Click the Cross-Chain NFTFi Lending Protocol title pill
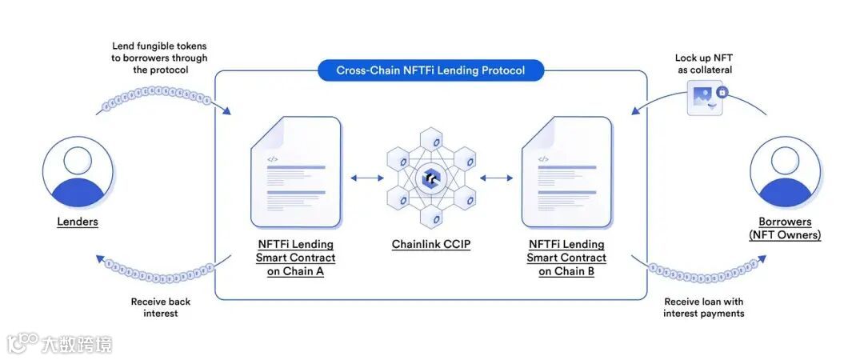coord(430,70)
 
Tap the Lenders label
coord(78,222)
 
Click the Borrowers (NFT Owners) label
coord(785,228)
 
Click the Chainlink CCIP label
coord(431,244)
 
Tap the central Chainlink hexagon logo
coord(431,178)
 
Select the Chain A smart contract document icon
coord(295,172)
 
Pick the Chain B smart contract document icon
coord(566,172)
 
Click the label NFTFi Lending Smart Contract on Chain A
coord(295,258)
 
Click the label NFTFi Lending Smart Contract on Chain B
coord(566,258)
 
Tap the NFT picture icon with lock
coord(706,98)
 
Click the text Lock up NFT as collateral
coord(703,64)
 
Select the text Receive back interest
coord(161,307)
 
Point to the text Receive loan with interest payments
coord(703,307)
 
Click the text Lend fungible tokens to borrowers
coord(160,58)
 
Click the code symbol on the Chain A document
coord(272,159)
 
